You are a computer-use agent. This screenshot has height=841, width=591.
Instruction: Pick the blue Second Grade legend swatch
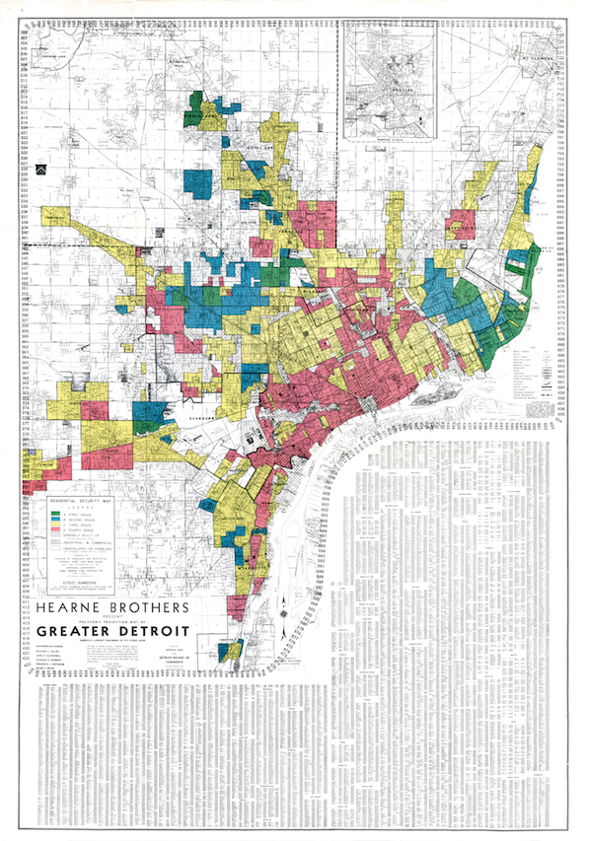(58, 523)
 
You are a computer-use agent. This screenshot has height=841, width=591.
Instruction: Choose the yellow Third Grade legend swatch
(58, 529)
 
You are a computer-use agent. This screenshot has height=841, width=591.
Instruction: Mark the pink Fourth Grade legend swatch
(58, 536)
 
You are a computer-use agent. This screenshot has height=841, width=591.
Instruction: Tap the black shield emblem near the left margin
(41, 169)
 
